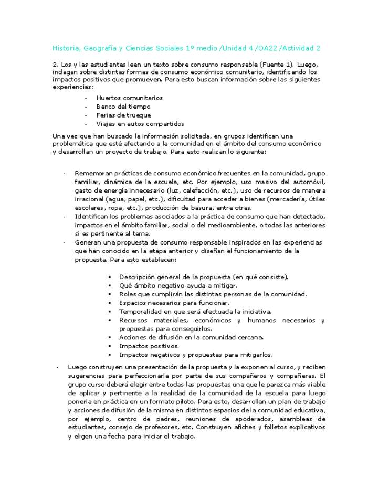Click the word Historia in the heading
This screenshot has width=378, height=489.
pos(65,48)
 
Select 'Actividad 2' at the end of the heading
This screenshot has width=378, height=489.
pos(300,48)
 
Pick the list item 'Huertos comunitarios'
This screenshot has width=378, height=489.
pos(129,98)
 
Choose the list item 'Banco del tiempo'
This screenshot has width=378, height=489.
pos(123,107)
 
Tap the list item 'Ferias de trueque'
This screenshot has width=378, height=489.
pos(123,115)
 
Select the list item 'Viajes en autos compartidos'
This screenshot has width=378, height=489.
pos(140,124)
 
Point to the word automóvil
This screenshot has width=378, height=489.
pos(309,182)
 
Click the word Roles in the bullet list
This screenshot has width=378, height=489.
pos(127,294)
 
